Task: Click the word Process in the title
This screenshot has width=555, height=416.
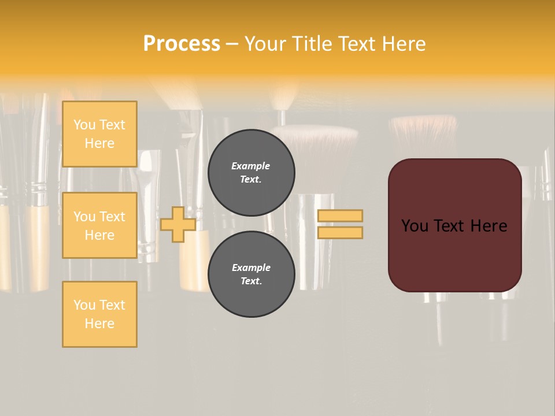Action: [x=182, y=44]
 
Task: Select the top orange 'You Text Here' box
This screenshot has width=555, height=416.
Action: [x=99, y=134]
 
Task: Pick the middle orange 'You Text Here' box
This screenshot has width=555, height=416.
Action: [x=99, y=225]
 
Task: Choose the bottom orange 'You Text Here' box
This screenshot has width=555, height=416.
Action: [x=99, y=314]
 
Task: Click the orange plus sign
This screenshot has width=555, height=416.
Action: [x=178, y=224]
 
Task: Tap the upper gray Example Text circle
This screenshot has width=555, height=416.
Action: [x=251, y=173]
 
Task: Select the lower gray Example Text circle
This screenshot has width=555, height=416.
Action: [x=251, y=274]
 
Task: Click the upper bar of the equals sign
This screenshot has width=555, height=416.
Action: [x=341, y=216]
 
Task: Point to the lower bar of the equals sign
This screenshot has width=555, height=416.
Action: [x=341, y=233]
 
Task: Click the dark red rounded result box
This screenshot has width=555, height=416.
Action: [x=454, y=254]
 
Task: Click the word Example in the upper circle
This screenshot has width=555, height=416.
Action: [x=250, y=166]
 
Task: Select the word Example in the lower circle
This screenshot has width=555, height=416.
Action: [x=251, y=268]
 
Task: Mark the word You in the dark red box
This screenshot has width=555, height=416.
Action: [x=415, y=226]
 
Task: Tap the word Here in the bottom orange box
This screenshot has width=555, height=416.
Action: [x=99, y=324]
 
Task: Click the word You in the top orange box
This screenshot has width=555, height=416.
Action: [x=84, y=125]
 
